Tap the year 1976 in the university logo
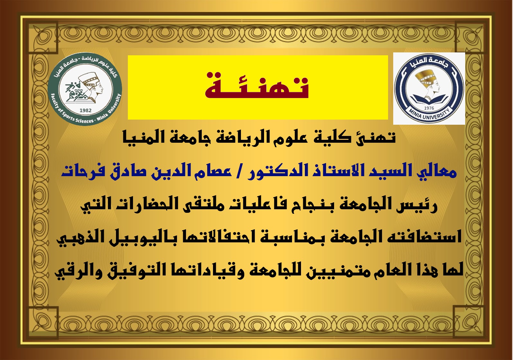[429, 108]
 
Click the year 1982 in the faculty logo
[85, 111]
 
